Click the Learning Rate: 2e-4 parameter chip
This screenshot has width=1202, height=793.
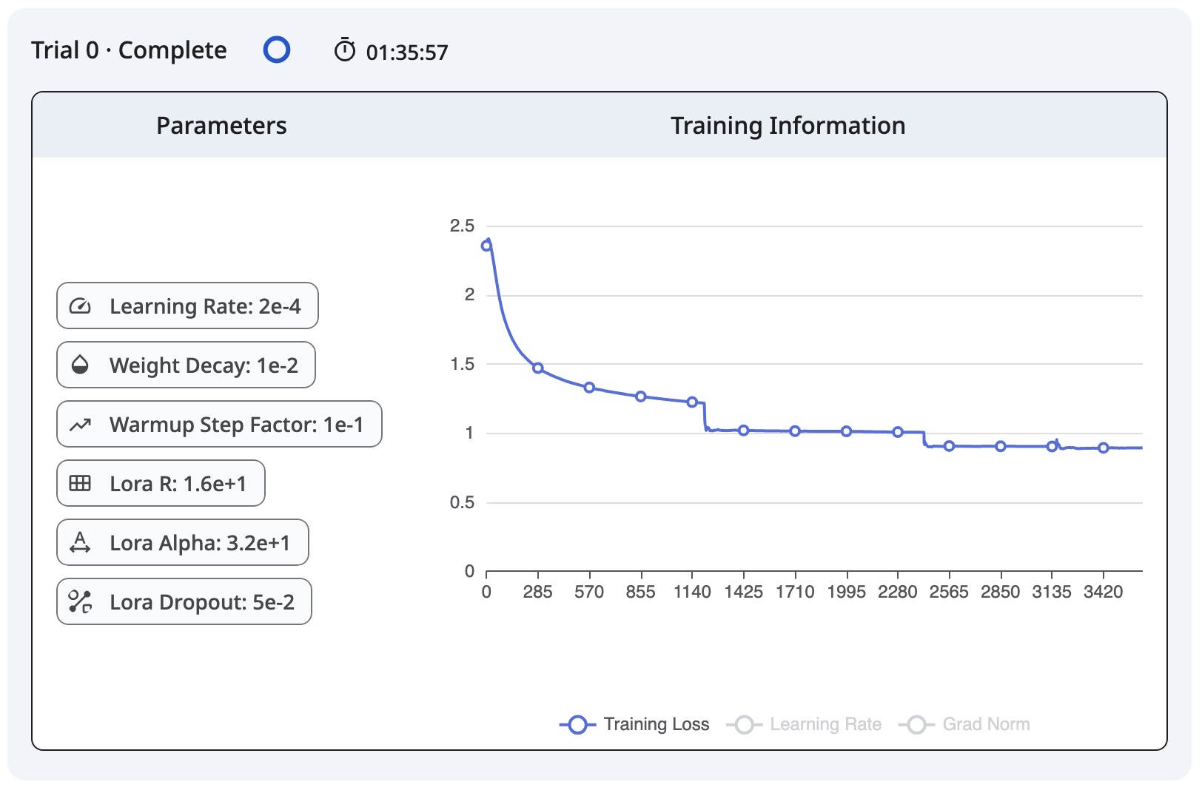click(x=187, y=306)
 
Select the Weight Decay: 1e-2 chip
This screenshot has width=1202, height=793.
click(x=186, y=365)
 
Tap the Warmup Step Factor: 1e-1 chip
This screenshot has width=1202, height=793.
click(x=219, y=424)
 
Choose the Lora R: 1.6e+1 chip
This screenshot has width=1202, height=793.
click(x=161, y=483)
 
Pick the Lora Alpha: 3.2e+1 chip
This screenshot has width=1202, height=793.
click(x=183, y=542)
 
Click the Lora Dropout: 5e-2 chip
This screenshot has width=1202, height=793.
click(x=184, y=601)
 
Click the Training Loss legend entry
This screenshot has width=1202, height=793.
click(x=635, y=724)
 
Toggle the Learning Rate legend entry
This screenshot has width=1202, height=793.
click(x=805, y=724)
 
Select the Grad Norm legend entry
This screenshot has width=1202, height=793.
click(x=965, y=724)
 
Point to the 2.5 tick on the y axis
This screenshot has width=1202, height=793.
click(x=462, y=226)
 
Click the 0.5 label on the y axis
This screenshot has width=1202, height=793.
click(x=462, y=502)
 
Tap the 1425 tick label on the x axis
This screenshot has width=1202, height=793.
click(x=743, y=592)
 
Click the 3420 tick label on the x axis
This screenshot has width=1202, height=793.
click(x=1103, y=592)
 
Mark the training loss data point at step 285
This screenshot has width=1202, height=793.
click(x=538, y=368)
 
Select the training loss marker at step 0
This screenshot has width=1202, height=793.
click(x=486, y=246)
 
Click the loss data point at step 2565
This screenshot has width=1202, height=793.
click(x=949, y=446)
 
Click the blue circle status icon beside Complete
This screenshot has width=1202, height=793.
click(x=277, y=50)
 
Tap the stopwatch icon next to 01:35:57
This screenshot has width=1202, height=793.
click(x=345, y=50)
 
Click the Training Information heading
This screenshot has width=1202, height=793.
click(x=788, y=126)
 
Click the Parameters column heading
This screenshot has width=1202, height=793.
click(x=221, y=126)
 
